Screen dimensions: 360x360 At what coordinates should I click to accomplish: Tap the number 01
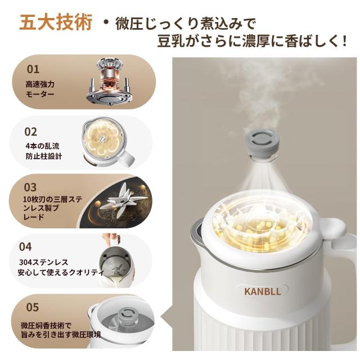pyautogui.click(x=33, y=69)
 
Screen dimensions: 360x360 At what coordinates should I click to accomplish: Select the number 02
pyautogui.click(x=31, y=132)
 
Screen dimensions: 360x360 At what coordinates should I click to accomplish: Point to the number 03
pyautogui.click(x=31, y=187)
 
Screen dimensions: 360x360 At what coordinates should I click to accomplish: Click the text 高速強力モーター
pyautogui.click(x=40, y=89)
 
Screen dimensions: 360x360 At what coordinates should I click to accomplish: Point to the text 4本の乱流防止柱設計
pyautogui.click(x=43, y=150)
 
